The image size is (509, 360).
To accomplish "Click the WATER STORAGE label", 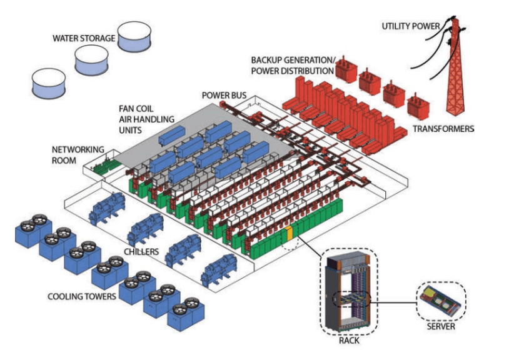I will tap(84, 38).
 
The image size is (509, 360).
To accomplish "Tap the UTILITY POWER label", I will tap(412, 26).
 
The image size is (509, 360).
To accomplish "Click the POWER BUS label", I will tap(224, 96).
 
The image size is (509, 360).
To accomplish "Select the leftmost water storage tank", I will tap(49, 84).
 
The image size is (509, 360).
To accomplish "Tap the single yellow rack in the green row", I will tap(289, 234).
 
